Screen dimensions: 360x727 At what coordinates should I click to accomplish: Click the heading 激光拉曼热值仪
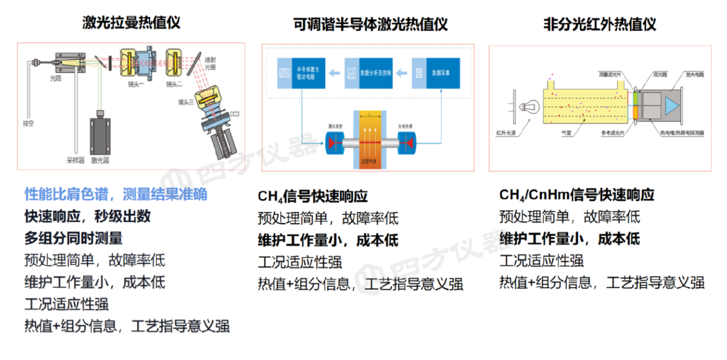(x=131, y=22)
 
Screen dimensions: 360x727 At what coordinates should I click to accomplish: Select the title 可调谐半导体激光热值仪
(x=370, y=24)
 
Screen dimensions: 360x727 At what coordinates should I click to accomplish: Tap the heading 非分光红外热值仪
(x=599, y=24)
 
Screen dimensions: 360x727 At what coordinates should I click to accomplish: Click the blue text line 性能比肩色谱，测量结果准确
(x=116, y=194)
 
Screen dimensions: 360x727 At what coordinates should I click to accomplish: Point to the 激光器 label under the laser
(x=100, y=161)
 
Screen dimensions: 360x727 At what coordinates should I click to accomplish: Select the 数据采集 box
(x=436, y=73)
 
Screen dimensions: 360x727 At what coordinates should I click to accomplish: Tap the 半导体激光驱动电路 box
(x=301, y=73)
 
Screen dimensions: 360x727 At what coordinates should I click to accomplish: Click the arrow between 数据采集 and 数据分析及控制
(x=401, y=73)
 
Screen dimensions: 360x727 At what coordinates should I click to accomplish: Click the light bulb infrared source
(x=526, y=107)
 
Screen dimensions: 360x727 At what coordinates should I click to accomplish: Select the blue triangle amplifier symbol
(x=671, y=105)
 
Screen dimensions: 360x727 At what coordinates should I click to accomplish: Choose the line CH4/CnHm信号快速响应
(x=576, y=195)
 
